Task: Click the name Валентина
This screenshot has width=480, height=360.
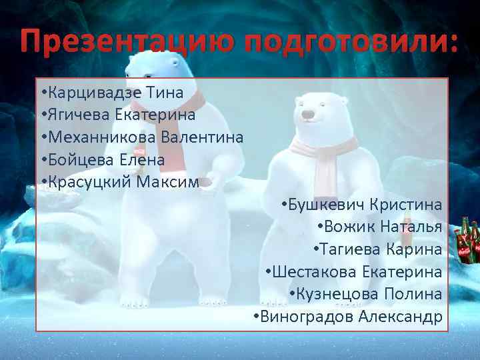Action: (x=203, y=137)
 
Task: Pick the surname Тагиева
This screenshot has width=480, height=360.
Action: (x=350, y=250)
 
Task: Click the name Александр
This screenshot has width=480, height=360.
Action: (x=400, y=316)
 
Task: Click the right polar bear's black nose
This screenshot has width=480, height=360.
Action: (x=307, y=115)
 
